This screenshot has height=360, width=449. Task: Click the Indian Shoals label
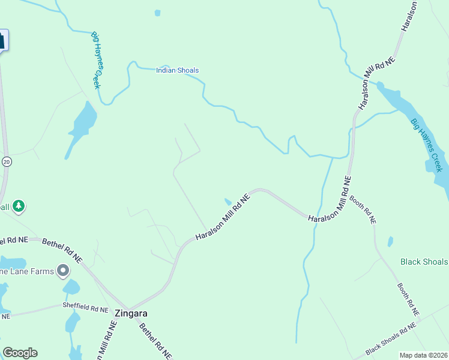pyautogui.click(x=177, y=70)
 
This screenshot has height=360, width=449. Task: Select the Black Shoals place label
pyautogui.click(x=424, y=262)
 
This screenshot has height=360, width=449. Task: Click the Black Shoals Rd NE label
pyautogui.click(x=390, y=340)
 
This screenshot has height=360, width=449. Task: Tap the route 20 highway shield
pyautogui.click(x=7, y=161)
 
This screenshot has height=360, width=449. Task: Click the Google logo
pyautogui.click(x=20, y=353)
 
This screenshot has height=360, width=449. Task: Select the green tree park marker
pyautogui.click(x=19, y=206)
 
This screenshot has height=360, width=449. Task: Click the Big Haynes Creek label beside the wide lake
pyautogui.click(x=426, y=145)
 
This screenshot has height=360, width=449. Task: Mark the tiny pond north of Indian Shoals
pyautogui.click(x=157, y=13)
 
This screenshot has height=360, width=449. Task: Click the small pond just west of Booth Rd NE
pyautogui.click(x=390, y=241)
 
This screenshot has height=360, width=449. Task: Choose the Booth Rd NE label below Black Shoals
pyautogui.click(x=408, y=299)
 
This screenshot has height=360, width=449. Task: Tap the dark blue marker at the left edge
pyautogui.click(x=2, y=41)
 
